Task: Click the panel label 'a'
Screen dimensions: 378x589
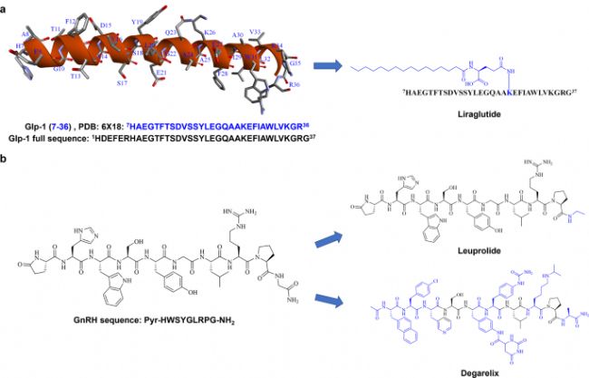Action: point(5,5)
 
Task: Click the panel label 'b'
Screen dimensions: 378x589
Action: point(5,158)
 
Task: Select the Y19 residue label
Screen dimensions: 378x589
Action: point(137,21)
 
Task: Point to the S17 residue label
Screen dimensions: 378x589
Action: point(121,82)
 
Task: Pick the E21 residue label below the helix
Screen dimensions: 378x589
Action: point(161,72)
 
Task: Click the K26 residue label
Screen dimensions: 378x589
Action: point(210,33)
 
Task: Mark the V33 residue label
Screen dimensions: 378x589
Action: point(255,31)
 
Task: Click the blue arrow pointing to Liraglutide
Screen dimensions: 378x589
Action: point(327,65)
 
